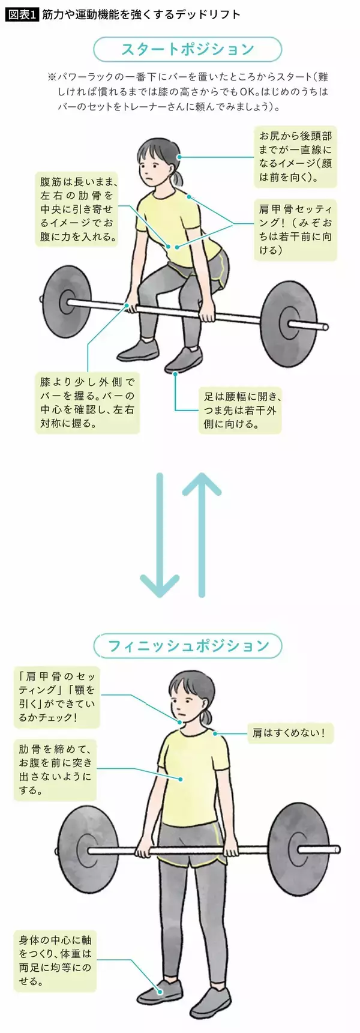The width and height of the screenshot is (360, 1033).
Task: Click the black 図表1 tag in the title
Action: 22,14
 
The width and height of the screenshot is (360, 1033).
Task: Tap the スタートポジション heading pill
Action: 187,49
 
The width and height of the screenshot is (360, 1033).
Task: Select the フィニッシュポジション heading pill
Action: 187,646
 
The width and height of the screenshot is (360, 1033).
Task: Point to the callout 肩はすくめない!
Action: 290,733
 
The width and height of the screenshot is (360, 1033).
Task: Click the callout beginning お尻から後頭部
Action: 295,157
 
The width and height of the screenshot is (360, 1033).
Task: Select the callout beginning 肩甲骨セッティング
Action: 295,229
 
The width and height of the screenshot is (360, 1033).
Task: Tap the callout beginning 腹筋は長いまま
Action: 77,209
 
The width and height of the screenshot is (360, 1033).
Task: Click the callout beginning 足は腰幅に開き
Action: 240,411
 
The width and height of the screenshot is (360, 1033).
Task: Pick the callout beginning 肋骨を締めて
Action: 55,770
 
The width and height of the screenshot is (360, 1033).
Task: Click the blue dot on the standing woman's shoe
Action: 161,992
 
